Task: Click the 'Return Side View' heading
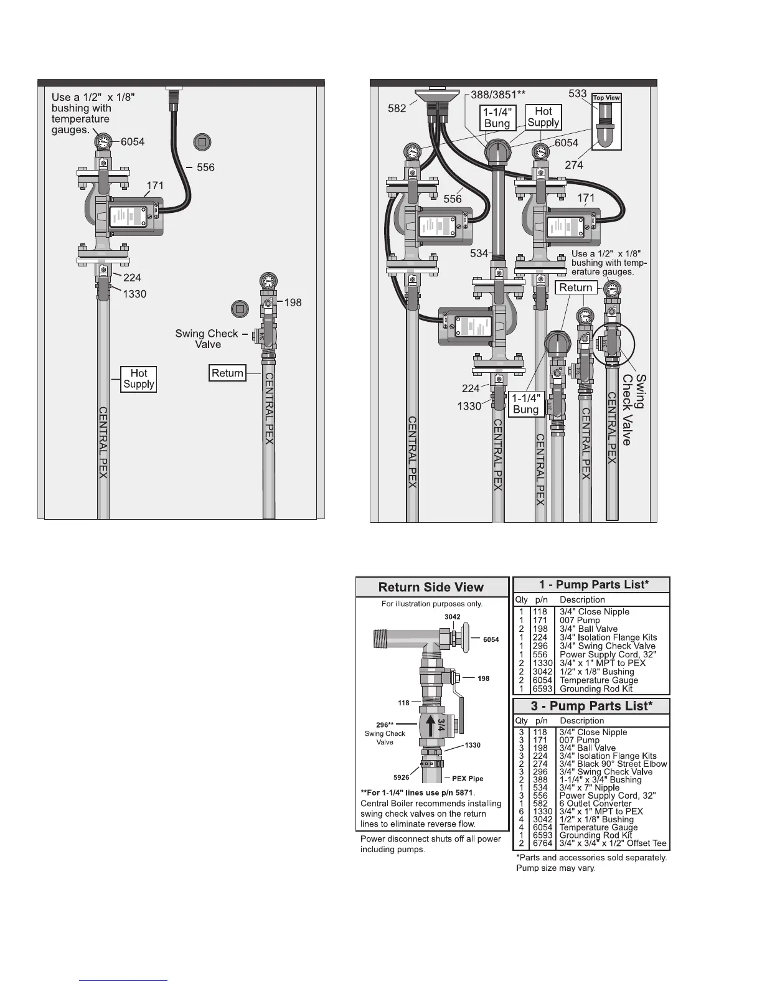431,587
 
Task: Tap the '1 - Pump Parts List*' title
591,585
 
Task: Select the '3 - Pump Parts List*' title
591,706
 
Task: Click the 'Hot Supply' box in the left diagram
138,378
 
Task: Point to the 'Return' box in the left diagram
227,373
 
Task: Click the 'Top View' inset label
606,98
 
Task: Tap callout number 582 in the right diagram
397,108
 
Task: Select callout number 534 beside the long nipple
479,253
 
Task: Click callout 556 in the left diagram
205,167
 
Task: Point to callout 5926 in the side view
402,777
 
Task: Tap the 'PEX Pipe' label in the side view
468,778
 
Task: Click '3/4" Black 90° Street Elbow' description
613,764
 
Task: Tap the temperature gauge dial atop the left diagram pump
103,142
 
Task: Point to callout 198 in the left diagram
293,303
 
